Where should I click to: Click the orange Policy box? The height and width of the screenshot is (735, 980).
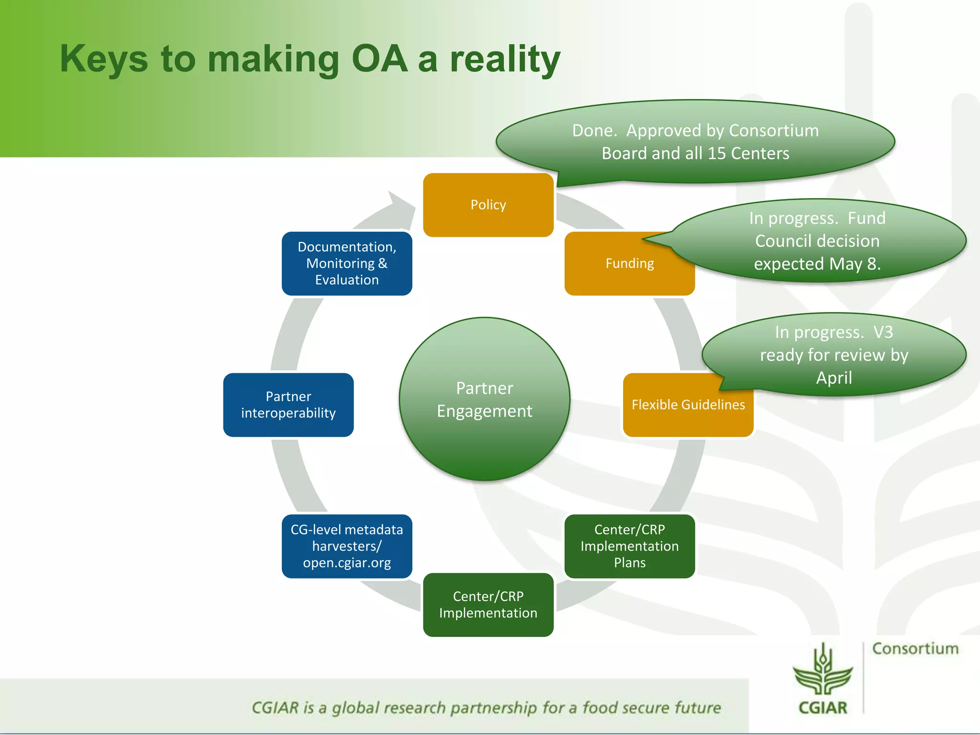point(488,205)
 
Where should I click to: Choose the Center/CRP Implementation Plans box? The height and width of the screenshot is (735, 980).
point(630,546)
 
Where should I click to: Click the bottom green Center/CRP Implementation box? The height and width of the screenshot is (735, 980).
point(488,605)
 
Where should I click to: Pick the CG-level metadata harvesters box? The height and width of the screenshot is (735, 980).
point(347,546)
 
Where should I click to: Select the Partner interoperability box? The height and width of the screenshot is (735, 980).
point(289,405)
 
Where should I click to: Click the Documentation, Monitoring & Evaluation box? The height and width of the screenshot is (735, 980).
point(347,263)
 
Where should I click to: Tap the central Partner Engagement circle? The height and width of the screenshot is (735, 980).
point(485,399)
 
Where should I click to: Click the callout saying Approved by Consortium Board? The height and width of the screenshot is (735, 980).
point(695,142)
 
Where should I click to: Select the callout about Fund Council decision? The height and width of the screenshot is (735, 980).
point(817,241)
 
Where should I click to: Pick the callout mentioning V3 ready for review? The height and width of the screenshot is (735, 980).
point(834,355)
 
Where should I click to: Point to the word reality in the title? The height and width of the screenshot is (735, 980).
point(505,59)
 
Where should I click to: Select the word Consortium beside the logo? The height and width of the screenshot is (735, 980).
point(915,649)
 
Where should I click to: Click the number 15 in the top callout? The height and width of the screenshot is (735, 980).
point(716,154)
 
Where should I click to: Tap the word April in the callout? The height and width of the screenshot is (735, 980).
point(834,378)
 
